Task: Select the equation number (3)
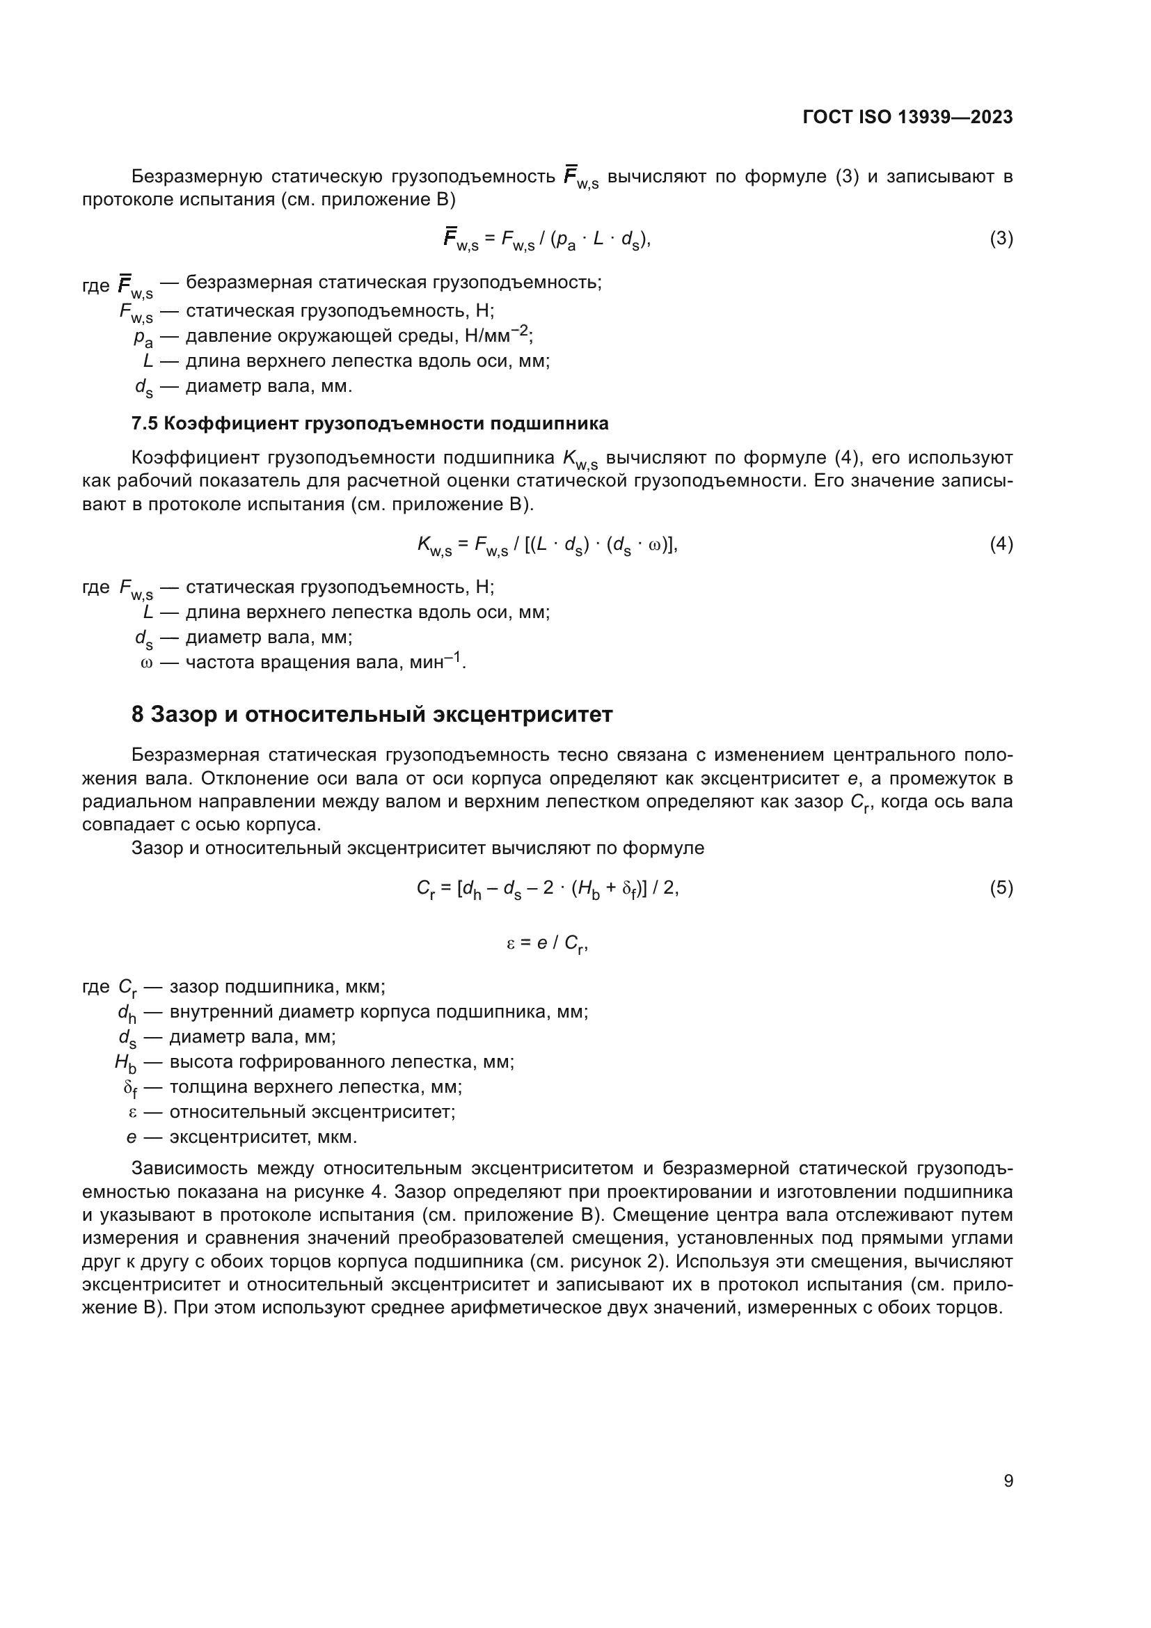pyautogui.click(x=1001, y=238)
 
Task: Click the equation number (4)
pyautogui.click(x=1001, y=544)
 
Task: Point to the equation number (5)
pyautogui.click(x=1001, y=887)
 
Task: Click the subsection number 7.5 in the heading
pyautogui.click(x=144, y=424)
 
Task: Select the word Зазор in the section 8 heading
pyautogui.click(x=184, y=715)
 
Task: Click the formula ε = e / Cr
pyautogui.click(x=546, y=944)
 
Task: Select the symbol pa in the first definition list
pyautogui.click(x=143, y=338)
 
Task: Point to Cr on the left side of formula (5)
pyautogui.click(x=425, y=889)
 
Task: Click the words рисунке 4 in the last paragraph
pyautogui.click(x=381, y=1192)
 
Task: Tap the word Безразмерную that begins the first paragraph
pyautogui.click(x=196, y=177)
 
